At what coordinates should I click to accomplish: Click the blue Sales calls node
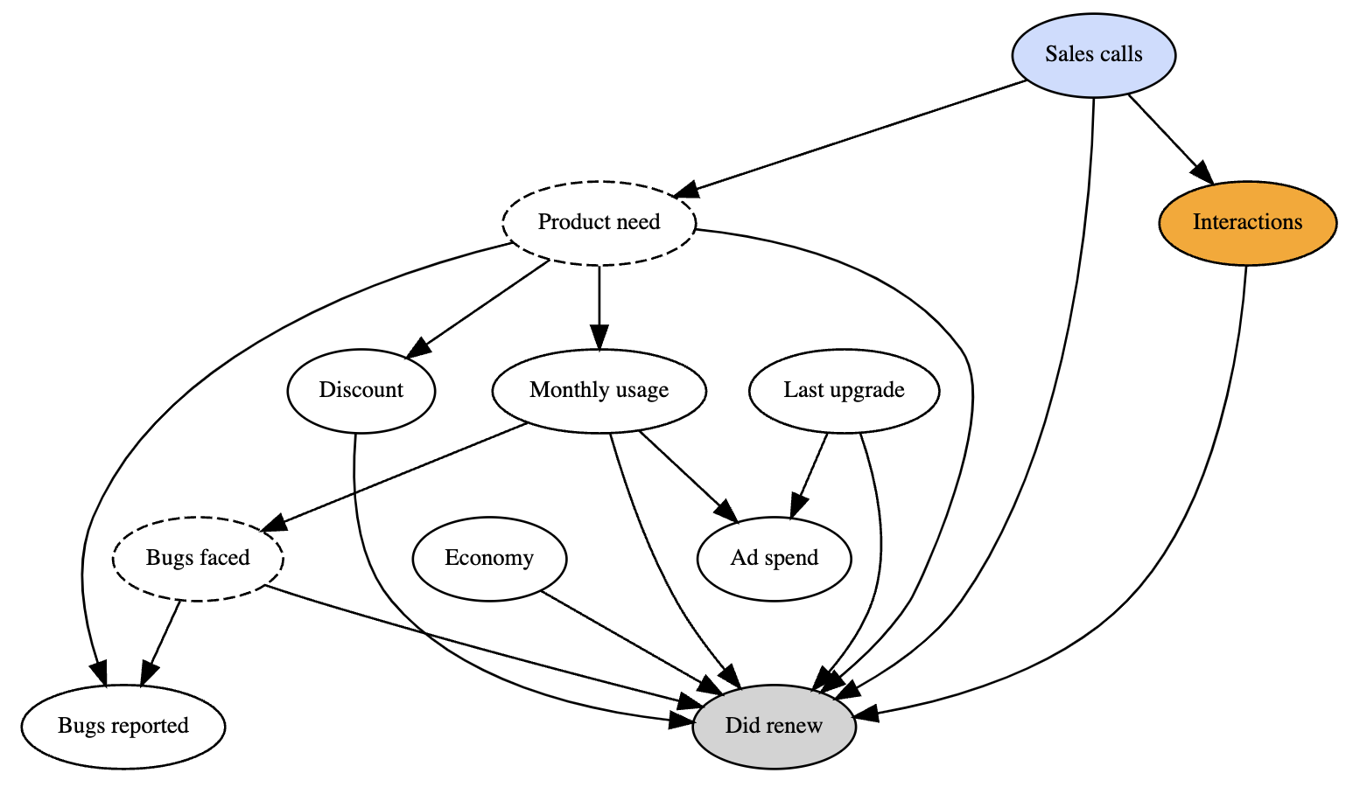click(1093, 54)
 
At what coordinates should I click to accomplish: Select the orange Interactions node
click(1247, 222)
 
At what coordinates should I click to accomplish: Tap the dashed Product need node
click(599, 222)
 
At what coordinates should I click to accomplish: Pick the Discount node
click(361, 390)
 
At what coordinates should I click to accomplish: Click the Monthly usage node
click(599, 390)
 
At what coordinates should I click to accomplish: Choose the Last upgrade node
click(844, 390)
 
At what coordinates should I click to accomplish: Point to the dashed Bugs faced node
click(198, 558)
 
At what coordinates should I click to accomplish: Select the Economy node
click(489, 558)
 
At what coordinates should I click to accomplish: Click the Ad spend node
click(774, 558)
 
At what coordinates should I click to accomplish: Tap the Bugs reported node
click(123, 726)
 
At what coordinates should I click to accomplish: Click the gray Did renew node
click(774, 726)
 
